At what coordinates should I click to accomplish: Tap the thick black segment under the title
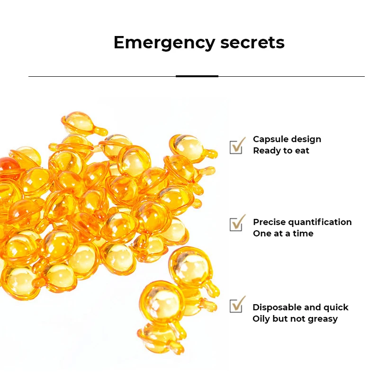point(197,76)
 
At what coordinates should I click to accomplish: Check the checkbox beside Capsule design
point(236,146)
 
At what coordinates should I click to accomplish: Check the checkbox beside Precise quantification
point(236,224)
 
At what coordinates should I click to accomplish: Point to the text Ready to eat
point(281,151)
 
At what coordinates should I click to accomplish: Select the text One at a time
point(283,234)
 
